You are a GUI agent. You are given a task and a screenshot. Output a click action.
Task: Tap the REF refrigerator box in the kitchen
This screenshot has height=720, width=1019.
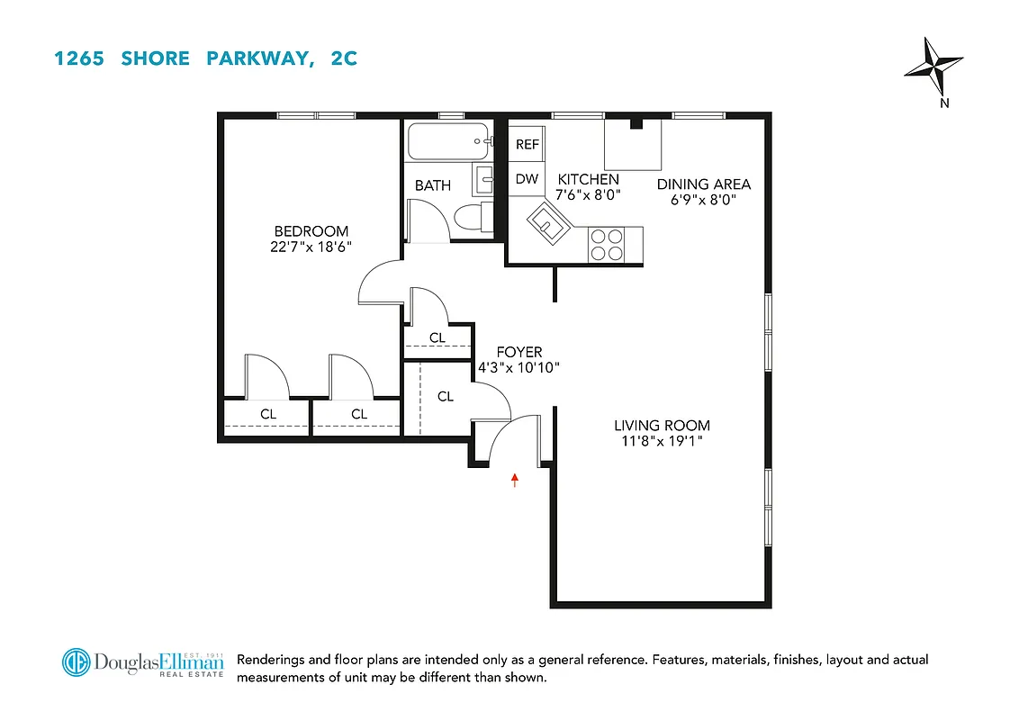(527, 144)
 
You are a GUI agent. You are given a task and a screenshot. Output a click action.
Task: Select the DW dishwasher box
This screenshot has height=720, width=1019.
(527, 179)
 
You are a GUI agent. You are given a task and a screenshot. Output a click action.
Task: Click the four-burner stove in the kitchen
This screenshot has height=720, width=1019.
(606, 245)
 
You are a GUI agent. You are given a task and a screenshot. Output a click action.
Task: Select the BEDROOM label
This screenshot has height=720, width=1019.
(311, 231)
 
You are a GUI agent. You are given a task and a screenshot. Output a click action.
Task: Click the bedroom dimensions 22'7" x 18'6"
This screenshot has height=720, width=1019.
(311, 247)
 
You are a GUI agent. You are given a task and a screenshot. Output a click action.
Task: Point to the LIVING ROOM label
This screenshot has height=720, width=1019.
(662, 426)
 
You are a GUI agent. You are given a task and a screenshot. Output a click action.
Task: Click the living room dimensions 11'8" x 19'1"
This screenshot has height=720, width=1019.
(662, 441)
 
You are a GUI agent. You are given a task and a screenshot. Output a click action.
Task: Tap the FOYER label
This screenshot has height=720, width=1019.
(519, 353)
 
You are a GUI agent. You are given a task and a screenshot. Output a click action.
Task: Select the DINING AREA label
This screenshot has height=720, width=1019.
(703, 184)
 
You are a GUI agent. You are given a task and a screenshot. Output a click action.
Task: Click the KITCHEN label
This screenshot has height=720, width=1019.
(588, 179)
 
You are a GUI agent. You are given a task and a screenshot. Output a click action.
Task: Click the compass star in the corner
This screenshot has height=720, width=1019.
(935, 67)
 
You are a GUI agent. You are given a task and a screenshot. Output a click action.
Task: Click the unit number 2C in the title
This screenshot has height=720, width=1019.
(342, 58)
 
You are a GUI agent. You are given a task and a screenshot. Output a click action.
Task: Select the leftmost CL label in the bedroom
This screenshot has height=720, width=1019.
(268, 414)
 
